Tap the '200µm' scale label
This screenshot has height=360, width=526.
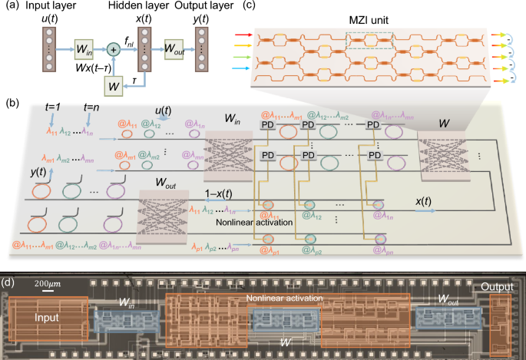click(x=47, y=284)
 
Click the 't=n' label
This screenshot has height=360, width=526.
click(x=92, y=108)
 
